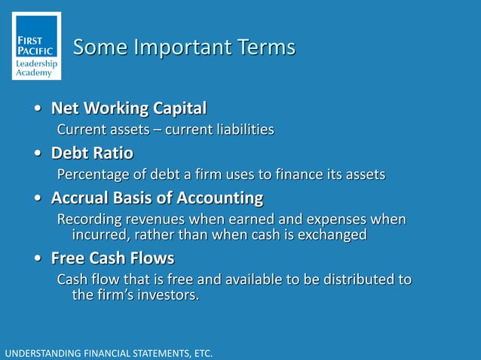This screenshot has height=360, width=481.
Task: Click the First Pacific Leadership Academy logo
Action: (37, 47)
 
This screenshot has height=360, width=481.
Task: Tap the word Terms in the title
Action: (260, 47)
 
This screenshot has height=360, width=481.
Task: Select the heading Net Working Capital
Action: (128, 108)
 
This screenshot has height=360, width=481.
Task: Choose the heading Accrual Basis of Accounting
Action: (157, 199)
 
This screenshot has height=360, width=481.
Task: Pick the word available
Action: (257, 279)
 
